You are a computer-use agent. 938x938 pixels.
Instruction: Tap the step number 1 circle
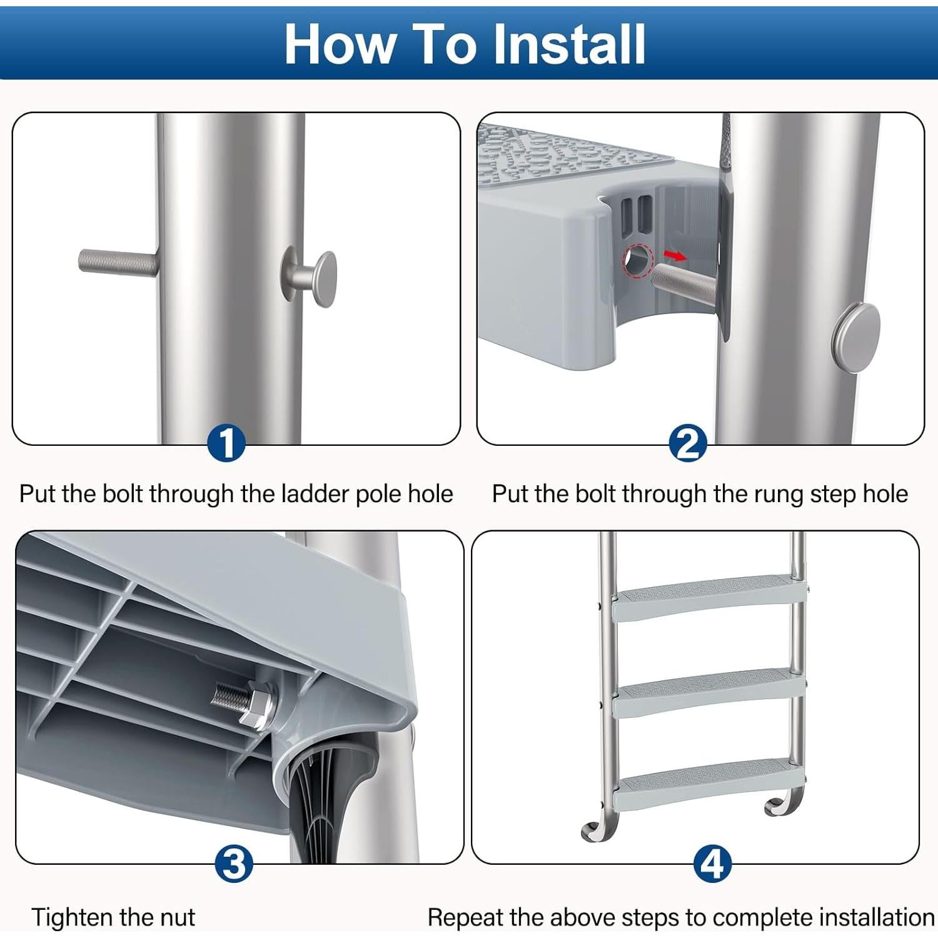coord(226,443)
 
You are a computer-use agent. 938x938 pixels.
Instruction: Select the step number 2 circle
coord(688,443)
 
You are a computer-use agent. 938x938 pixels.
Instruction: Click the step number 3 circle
coord(234,864)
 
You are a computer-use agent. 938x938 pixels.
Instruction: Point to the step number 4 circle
coord(712,864)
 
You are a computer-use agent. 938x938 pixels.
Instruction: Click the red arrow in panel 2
coord(675,255)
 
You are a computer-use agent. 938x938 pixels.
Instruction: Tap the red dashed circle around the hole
coord(638,260)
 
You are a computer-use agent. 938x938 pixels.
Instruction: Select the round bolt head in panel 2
coord(856,338)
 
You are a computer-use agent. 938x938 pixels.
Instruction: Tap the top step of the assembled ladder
coord(709,597)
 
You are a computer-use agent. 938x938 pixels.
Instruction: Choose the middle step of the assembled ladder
coord(709,692)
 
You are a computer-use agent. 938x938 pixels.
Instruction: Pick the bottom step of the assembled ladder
coord(709,785)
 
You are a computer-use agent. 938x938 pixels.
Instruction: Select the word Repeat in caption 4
coord(465,917)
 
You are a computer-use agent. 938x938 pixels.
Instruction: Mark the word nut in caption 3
coord(178,918)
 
